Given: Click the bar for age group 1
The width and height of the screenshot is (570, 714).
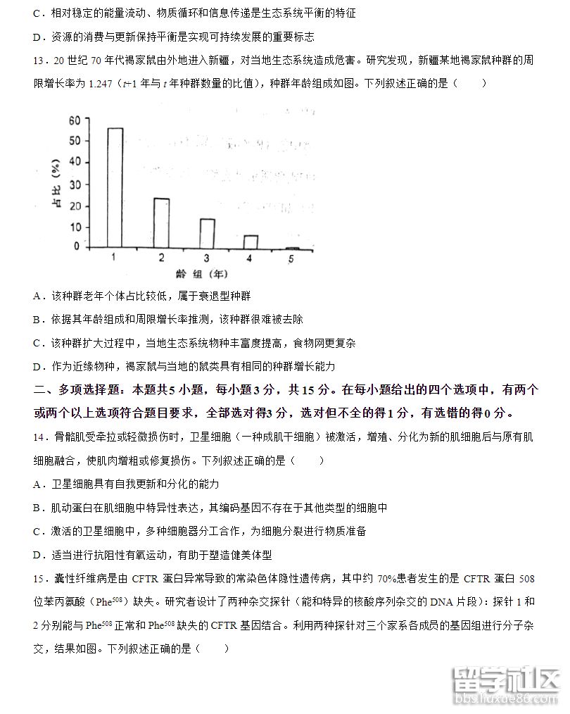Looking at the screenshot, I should pos(115,187).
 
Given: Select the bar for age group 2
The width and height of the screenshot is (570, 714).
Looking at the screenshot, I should pos(161,223).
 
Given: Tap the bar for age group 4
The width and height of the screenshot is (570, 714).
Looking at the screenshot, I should pos(251,242).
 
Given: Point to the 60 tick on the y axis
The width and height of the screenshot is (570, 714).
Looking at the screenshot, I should pos(74,120).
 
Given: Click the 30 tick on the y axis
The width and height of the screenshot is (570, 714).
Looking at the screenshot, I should pos(74,184).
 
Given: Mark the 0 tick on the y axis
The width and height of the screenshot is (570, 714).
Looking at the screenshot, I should pos(77,246).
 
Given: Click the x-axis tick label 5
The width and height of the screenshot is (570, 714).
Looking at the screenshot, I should pos(291,259).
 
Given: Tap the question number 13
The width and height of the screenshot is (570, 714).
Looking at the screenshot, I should pos(39,60).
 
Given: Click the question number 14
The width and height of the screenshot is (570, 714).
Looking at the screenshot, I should pos(39,437).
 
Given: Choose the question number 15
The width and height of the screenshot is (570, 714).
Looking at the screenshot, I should pos(39,579).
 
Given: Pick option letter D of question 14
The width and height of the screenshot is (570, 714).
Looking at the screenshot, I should pos(37,555).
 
